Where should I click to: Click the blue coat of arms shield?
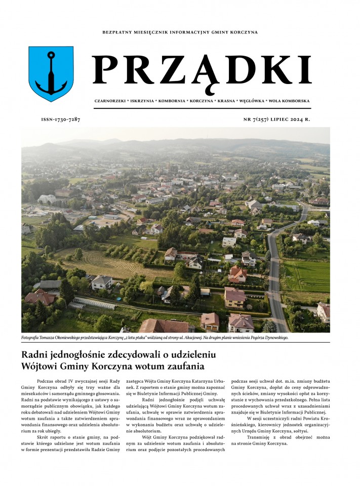click(51, 74)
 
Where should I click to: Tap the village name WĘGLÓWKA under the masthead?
click(262, 101)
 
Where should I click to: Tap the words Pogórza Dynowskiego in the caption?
click(266, 337)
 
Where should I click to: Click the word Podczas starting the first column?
click(46, 380)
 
